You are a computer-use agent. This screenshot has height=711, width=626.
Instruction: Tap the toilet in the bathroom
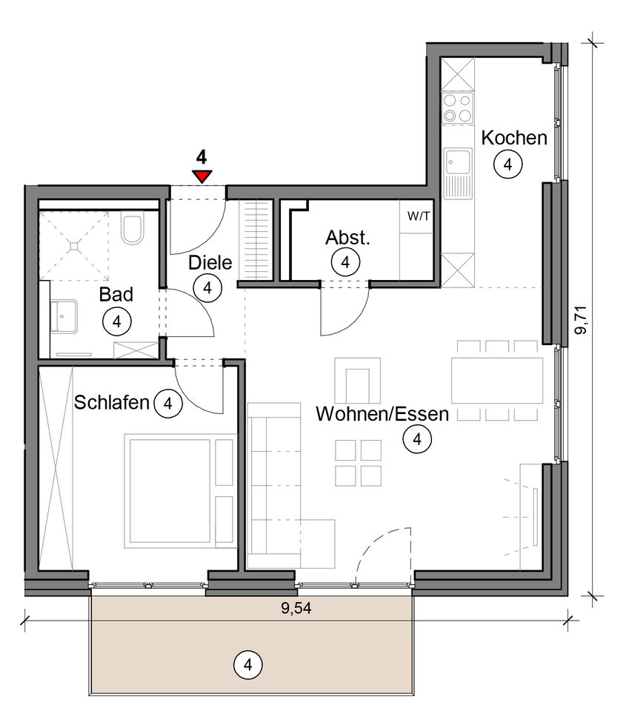[x=133, y=229]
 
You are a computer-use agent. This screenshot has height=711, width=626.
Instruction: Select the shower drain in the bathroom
[x=74, y=245]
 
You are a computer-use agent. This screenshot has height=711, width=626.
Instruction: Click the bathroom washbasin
[x=64, y=316]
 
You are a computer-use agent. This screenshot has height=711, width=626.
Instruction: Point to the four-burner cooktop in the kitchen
[x=457, y=108]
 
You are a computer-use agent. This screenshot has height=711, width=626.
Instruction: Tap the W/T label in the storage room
[x=418, y=216]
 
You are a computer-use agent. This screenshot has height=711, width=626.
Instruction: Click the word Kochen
[x=514, y=138]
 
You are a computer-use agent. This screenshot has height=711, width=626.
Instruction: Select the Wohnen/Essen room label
[x=382, y=414]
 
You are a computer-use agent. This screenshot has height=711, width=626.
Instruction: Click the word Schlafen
[x=112, y=402]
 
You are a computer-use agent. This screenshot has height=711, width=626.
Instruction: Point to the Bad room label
[x=116, y=294]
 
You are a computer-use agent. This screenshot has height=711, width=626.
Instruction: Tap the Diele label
[x=210, y=262]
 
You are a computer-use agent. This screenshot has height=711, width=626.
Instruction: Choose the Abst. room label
[x=347, y=238]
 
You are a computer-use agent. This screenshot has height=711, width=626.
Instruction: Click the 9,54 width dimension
[x=296, y=607]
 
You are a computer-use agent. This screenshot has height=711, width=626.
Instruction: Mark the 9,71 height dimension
[x=581, y=320]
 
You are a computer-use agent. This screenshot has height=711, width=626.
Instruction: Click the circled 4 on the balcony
[x=247, y=665]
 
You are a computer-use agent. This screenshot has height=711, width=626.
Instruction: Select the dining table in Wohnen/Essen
[x=496, y=381]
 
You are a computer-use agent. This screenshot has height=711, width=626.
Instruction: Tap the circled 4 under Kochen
[x=507, y=164]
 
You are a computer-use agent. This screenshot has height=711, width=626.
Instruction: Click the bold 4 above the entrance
[x=202, y=158]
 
